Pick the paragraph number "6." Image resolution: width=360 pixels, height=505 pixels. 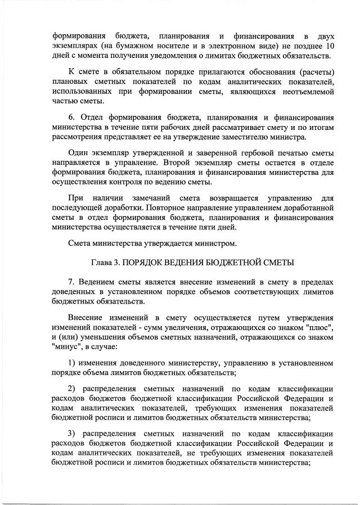tap(71, 119)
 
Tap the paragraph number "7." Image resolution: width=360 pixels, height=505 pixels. tap(71, 282)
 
